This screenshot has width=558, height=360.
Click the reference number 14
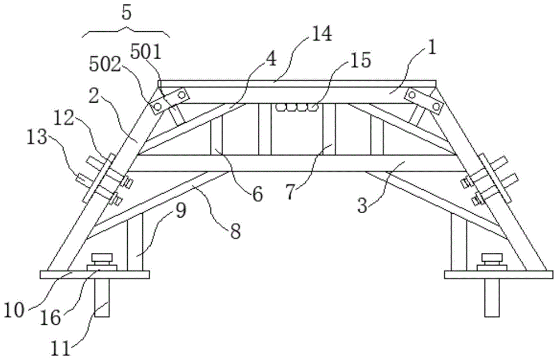(322, 35)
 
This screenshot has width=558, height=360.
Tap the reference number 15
(360, 60)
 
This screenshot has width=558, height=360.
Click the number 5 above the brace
(127, 12)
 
